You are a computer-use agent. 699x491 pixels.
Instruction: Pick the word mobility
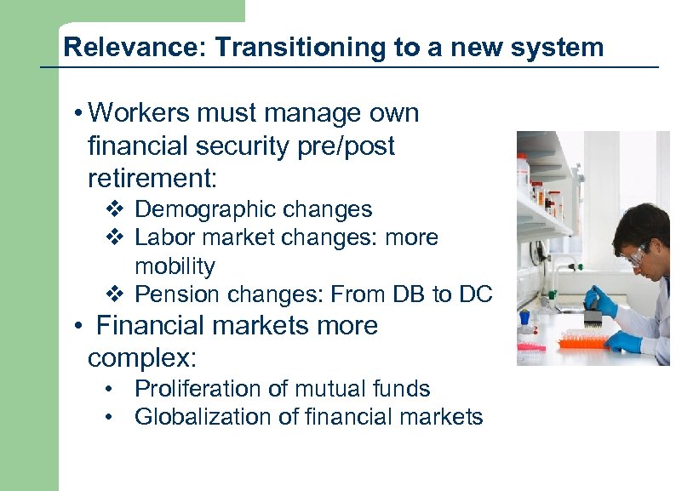point(175,266)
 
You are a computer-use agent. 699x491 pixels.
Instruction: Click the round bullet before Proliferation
point(110,390)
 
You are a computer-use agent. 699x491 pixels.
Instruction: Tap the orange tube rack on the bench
point(582,342)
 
